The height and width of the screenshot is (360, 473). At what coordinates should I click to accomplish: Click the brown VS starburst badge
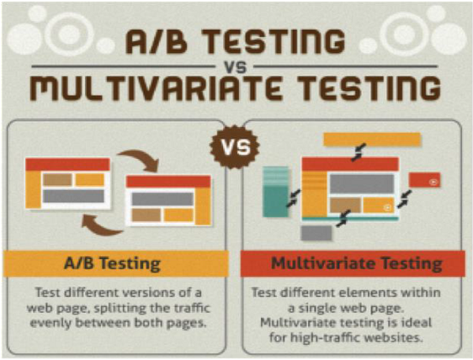click(x=235, y=146)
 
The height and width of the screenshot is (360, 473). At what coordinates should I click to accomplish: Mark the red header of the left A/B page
click(x=67, y=164)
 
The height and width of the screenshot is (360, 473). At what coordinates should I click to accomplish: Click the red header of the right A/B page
click(x=169, y=181)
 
